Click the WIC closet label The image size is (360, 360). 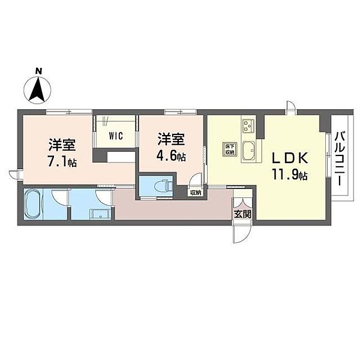(x=116, y=135)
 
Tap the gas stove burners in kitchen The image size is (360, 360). (x=248, y=127)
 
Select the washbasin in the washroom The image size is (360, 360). (x=97, y=213)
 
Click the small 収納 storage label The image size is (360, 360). (x=196, y=193)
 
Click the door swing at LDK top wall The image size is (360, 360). (x=290, y=109)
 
